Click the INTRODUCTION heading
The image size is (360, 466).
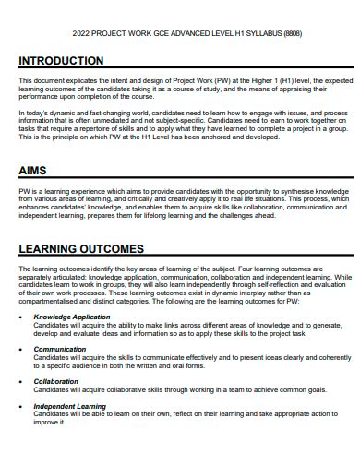[61, 61]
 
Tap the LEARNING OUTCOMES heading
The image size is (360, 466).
[81, 249]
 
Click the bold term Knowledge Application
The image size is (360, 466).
[72, 317]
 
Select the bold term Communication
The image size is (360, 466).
[60, 349]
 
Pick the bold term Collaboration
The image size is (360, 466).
[56, 380]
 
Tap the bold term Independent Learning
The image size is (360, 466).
[70, 406]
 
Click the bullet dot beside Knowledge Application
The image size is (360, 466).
[22, 317]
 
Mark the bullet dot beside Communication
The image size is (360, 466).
[22, 349]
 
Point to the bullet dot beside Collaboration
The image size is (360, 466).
[22, 381]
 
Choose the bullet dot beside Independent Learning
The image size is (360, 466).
[22, 406]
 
